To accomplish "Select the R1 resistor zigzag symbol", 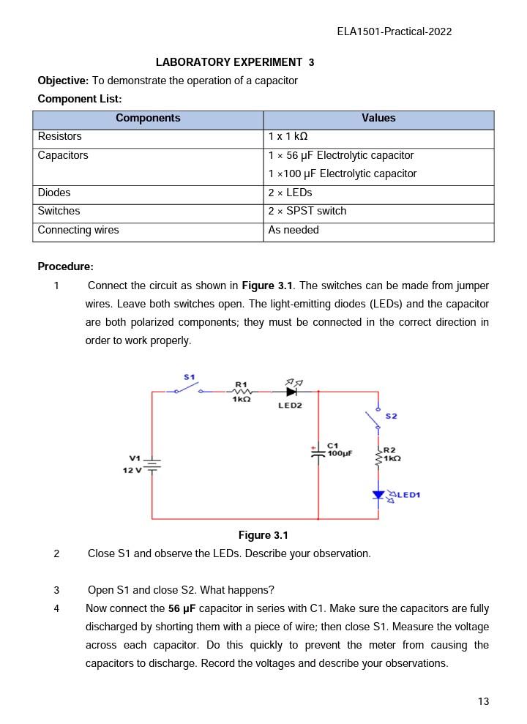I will (242, 392).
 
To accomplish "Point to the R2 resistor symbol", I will (378, 458).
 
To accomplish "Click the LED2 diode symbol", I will (291, 392).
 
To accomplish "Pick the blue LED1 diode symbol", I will (378, 496).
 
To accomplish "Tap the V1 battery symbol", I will (152, 464).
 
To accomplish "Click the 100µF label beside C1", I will (340, 454).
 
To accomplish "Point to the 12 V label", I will (132, 469).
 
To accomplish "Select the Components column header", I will (148, 118).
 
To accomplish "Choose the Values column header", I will (378, 118).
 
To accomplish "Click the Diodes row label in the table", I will (54, 193).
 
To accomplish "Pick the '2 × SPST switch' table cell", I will (307, 211).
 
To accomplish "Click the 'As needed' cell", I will (294, 230).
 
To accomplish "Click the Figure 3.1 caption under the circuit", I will (263, 535).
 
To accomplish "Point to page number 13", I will (483, 701).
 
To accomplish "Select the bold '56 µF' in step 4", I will (182, 608).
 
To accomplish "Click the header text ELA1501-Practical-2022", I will (395, 31).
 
